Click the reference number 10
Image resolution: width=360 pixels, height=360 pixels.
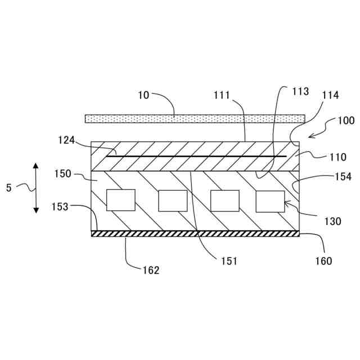pyautogui.click(x=143, y=95)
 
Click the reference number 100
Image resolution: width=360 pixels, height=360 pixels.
pyautogui.click(x=346, y=121)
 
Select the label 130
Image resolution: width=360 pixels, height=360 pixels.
pyautogui.click(x=332, y=222)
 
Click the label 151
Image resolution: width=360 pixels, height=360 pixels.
pyautogui.click(x=229, y=261)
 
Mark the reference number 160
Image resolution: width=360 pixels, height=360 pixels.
pyautogui.click(x=323, y=261)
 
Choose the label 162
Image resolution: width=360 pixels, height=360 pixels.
pyautogui.click(x=151, y=270)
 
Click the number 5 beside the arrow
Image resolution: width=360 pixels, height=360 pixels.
pyautogui.click(x=8, y=188)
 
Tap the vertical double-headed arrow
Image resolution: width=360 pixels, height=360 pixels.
pyautogui.click(x=36, y=188)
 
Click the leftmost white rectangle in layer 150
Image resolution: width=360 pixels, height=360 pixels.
pyautogui.click(x=120, y=200)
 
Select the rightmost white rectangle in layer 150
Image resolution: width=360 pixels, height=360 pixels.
pyautogui.click(x=270, y=201)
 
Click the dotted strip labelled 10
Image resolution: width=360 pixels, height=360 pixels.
pyautogui.click(x=195, y=119)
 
